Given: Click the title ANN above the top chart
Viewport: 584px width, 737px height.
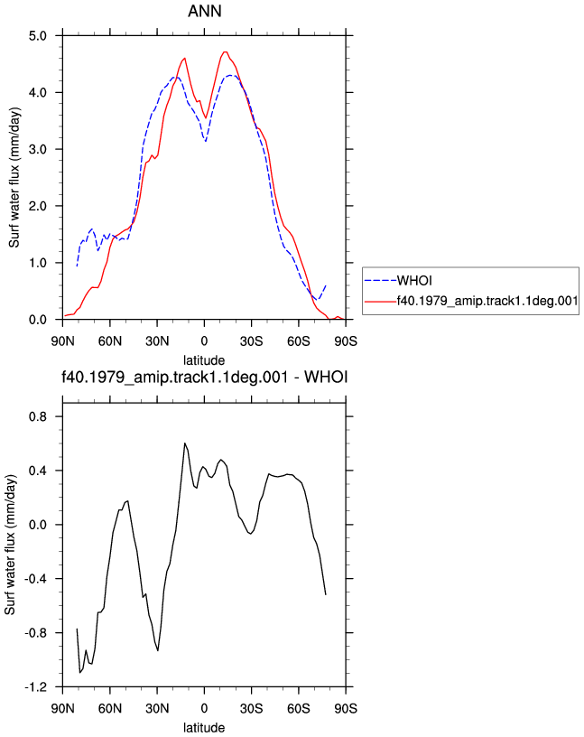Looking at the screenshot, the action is click(x=204, y=11).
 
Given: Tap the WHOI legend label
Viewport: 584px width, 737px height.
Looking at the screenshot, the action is click(x=414, y=281).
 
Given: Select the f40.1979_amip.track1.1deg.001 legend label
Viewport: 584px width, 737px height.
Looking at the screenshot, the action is click(x=487, y=301).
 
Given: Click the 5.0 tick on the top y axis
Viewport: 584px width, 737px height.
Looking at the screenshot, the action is click(x=38, y=36).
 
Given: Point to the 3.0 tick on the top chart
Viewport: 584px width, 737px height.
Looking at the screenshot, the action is click(x=38, y=149).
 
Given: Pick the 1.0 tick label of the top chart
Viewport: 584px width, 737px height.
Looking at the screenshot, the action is click(x=38, y=263).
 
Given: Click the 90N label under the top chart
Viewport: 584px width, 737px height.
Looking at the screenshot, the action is click(x=63, y=341).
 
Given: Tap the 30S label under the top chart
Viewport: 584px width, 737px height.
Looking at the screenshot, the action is click(x=251, y=341).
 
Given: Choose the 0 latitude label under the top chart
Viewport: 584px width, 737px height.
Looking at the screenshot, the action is click(x=204, y=341).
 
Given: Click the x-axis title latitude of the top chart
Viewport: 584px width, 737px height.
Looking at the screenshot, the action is click(x=204, y=360).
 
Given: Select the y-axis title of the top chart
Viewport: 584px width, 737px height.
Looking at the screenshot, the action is click(x=14, y=178).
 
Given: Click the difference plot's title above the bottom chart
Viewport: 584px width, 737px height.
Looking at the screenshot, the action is click(x=205, y=377).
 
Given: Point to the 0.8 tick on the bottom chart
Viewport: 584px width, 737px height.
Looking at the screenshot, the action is click(x=38, y=417).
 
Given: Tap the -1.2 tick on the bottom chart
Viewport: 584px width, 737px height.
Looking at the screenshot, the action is click(x=36, y=687).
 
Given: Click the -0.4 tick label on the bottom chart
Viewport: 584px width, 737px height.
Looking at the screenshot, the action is click(x=36, y=579).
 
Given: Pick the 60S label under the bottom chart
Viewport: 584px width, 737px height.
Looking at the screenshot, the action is click(x=299, y=708).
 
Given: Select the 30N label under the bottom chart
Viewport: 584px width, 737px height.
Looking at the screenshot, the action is click(x=157, y=708).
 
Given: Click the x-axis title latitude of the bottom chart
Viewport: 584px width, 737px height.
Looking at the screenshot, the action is click(x=204, y=728).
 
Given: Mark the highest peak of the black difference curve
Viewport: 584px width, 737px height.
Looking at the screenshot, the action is click(x=185, y=443).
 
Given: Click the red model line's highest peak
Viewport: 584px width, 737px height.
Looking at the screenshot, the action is click(x=225, y=51).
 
